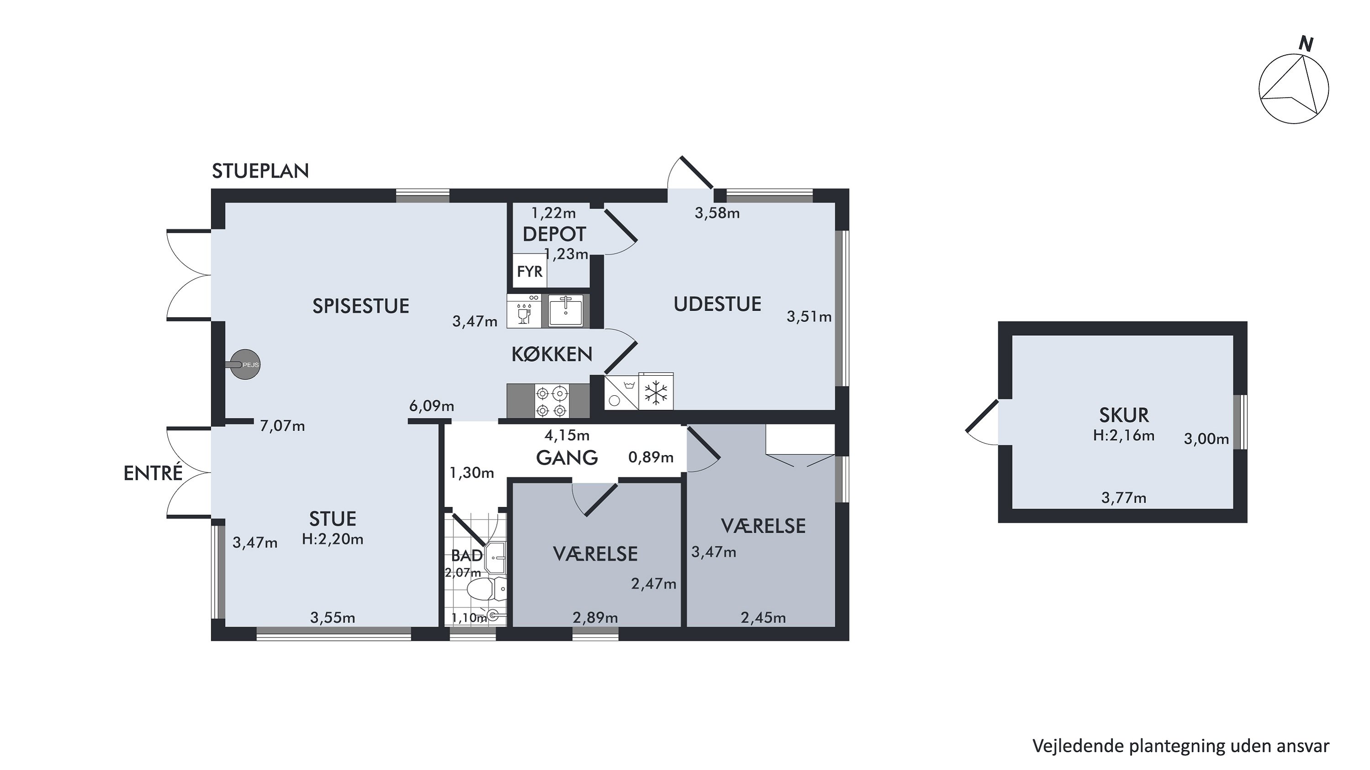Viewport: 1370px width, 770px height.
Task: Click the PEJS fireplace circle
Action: (245, 365)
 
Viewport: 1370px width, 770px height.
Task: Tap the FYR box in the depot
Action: (530, 272)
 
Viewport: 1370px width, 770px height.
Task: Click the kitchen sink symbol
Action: (566, 310)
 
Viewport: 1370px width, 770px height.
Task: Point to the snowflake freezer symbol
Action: (656, 393)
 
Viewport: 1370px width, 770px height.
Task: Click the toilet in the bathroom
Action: (486, 589)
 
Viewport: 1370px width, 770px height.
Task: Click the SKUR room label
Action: (1124, 414)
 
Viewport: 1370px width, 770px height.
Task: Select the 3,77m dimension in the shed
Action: (1124, 498)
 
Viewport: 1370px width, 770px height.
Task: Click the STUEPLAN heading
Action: (260, 171)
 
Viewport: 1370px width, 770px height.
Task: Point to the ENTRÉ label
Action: (153, 473)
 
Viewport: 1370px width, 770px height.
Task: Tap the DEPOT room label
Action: (554, 234)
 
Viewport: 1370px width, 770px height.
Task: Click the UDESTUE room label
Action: (717, 304)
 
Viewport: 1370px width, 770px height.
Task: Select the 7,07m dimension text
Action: (282, 426)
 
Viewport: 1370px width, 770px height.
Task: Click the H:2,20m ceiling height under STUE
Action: (333, 540)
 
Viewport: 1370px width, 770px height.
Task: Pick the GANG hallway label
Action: (567, 457)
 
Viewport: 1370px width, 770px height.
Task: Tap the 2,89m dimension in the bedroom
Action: (595, 618)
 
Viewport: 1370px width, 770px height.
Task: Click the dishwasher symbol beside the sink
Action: (524, 310)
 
